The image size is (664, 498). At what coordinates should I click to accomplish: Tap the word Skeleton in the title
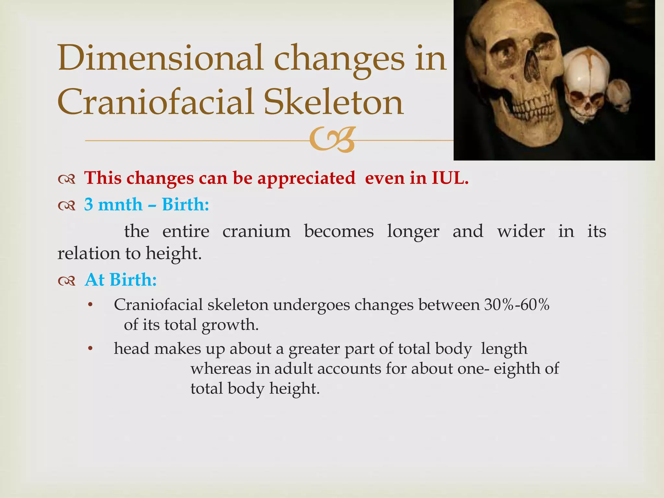click(334, 102)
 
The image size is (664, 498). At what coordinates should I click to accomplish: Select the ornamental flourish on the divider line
click(332, 140)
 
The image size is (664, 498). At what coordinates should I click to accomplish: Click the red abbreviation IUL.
click(450, 178)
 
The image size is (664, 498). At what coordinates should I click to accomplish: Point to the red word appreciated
click(306, 179)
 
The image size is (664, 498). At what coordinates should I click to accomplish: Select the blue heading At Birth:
click(121, 279)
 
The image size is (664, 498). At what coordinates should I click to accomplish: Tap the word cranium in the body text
click(256, 231)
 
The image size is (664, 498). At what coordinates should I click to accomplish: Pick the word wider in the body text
click(521, 231)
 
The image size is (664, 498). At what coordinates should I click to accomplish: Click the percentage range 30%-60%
click(517, 305)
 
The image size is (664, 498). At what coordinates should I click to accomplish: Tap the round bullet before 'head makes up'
click(90, 349)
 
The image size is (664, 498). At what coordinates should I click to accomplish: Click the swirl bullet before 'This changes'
click(67, 179)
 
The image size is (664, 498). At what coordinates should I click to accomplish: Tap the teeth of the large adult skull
click(532, 110)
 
